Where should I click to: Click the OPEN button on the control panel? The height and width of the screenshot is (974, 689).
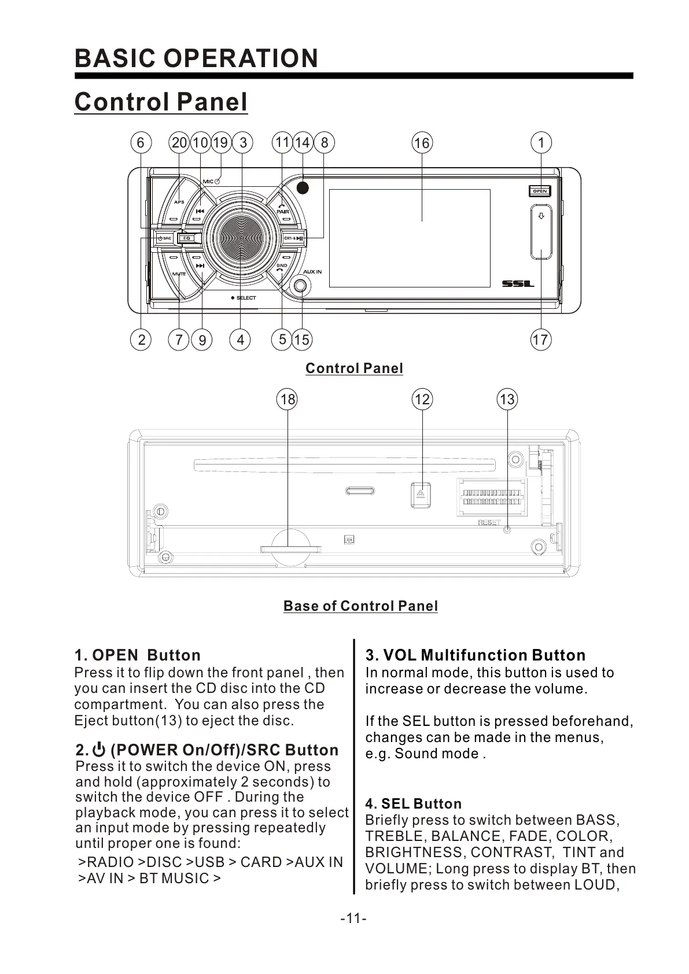[540, 191]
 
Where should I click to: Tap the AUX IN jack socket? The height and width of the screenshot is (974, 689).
[301, 286]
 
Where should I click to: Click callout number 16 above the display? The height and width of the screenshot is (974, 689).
[422, 143]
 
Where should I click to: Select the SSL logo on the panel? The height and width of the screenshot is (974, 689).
[518, 283]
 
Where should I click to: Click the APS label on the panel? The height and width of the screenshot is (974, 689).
[179, 202]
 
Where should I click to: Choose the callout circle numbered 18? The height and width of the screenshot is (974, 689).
[288, 399]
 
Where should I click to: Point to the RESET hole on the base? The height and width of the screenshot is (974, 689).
[507, 529]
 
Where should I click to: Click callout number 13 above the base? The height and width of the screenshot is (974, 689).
[507, 399]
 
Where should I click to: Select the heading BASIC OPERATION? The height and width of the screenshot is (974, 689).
[196, 58]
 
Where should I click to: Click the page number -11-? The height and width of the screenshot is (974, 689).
[353, 918]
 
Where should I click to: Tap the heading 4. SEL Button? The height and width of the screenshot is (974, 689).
[413, 803]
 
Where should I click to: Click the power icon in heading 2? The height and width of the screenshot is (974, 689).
[99, 750]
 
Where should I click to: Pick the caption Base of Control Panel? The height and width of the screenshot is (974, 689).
[360, 606]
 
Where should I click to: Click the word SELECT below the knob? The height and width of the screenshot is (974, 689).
[246, 298]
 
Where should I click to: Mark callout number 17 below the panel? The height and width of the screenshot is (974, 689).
[540, 340]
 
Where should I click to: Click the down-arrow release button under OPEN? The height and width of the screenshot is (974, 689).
[541, 231]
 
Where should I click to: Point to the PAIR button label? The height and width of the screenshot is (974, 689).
[282, 212]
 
